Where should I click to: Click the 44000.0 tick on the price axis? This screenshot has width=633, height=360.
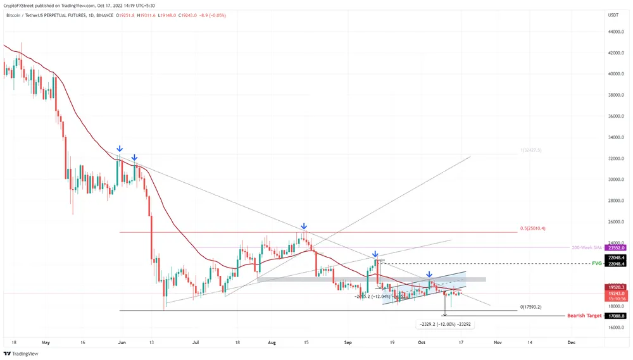click(x=615, y=32)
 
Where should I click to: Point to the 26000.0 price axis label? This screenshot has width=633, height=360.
click(x=615, y=222)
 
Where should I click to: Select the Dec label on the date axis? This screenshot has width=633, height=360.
click(x=572, y=342)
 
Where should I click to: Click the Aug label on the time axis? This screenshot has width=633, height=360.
click(x=272, y=342)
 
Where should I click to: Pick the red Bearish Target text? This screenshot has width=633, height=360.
click(x=584, y=315)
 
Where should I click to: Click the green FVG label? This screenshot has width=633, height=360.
click(x=596, y=263)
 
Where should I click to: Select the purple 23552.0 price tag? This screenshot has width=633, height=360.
click(x=615, y=248)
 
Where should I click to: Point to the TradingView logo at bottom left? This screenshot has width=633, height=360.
click(x=21, y=354)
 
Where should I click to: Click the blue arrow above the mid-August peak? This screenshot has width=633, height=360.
click(x=304, y=226)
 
